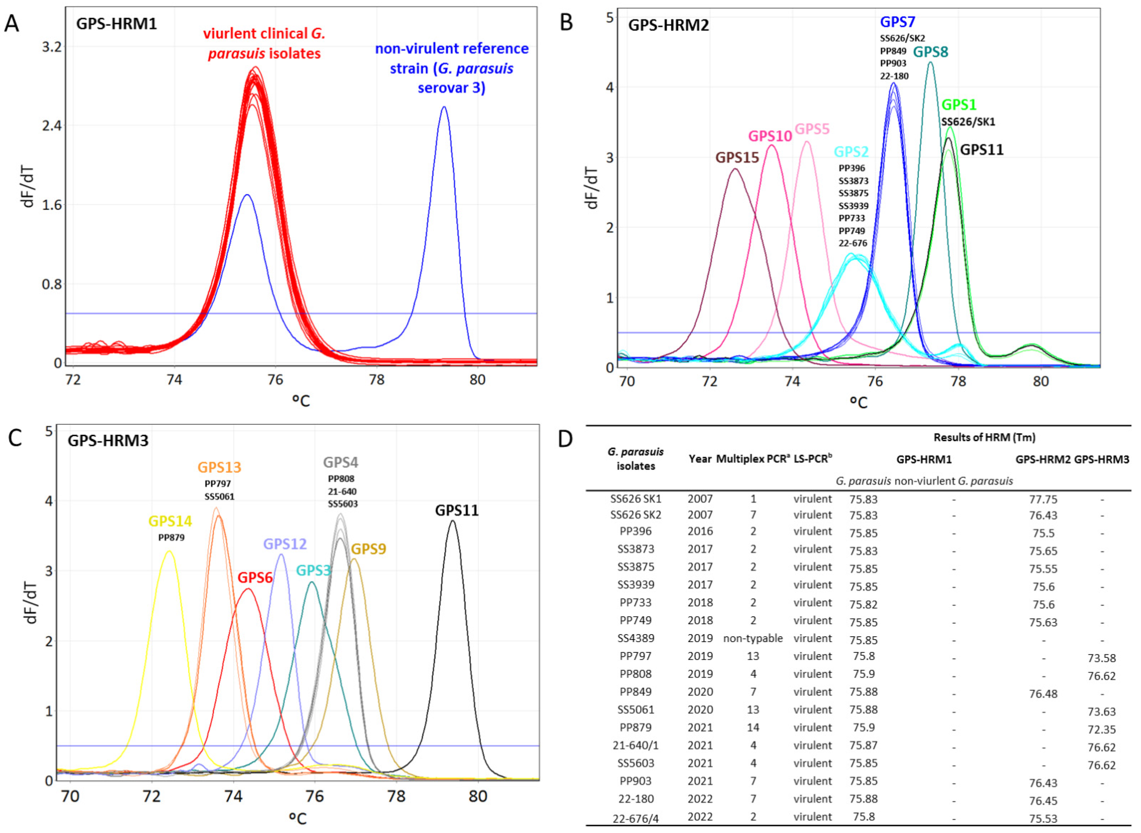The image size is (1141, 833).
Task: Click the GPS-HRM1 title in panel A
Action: click(x=117, y=24)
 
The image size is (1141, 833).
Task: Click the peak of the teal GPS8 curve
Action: click(x=930, y=62)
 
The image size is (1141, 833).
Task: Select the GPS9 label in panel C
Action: click(x=369, y=549)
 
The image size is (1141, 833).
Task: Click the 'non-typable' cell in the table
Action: click(x=753, y=638)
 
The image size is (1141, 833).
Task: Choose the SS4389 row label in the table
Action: click(x=636, y=638)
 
